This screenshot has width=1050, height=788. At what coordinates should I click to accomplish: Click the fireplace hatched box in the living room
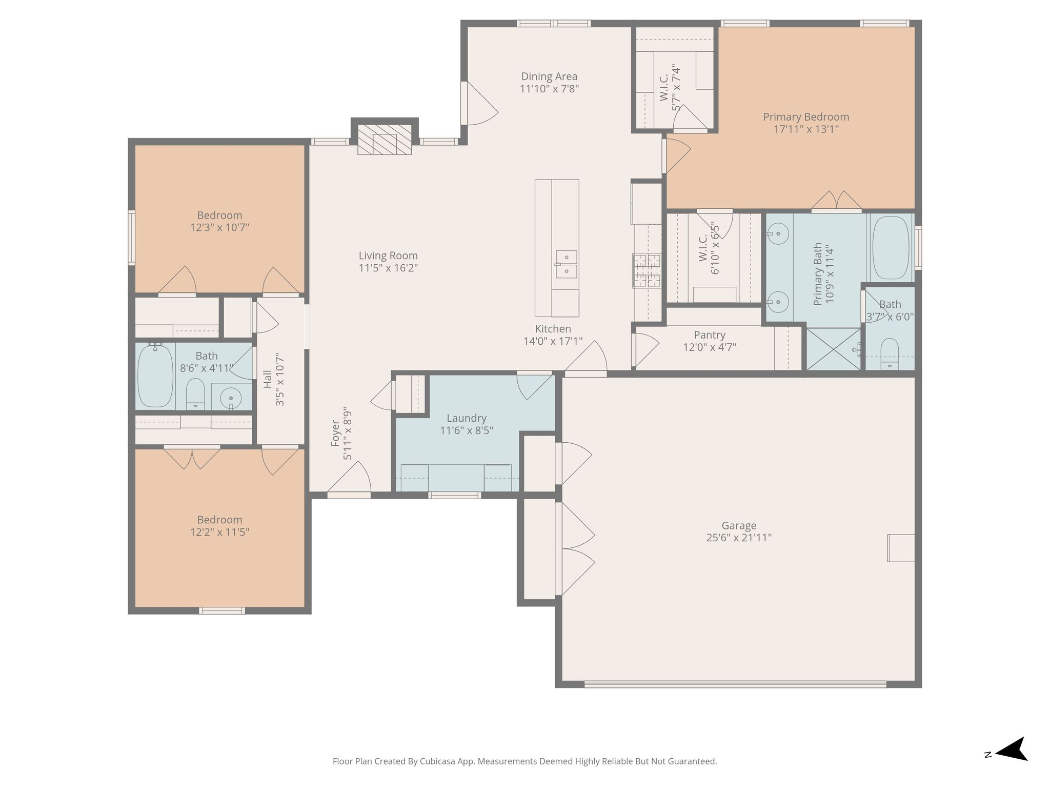[x=385, y=140]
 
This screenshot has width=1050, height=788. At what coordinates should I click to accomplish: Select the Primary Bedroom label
[x=806, y=117]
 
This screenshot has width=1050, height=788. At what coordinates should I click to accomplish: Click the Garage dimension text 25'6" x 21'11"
[x=739, y=538]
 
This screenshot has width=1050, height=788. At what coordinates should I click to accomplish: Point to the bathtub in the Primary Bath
[x=891, y=248]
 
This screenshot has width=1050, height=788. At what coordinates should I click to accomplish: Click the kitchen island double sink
[x=566, y=264]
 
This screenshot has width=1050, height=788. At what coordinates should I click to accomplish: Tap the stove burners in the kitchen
[x=648, y=270]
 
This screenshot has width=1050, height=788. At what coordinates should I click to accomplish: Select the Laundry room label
[x=467, y=418]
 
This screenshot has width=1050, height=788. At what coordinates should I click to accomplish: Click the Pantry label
[x=710, y=335]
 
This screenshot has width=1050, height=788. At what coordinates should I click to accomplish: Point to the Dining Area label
[x=549, y=76]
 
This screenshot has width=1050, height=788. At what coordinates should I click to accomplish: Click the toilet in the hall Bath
[x=195, y=394]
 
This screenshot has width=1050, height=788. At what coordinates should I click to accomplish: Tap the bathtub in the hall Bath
[x=155, y=376]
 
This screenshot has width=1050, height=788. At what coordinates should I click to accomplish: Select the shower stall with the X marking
[x=834, y=349]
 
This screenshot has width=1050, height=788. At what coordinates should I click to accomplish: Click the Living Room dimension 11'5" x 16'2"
[x=389, y=268]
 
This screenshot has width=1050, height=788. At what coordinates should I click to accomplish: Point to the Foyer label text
[x=336, y=434]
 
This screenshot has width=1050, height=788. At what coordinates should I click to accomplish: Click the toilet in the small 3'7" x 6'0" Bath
[x=890, y=353]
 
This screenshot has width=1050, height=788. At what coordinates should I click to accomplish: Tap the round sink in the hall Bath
[x=231, y=398]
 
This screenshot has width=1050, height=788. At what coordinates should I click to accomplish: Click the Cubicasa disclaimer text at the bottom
[x=524, y=761]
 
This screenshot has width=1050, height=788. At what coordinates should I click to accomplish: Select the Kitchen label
[x=553, y=329]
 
